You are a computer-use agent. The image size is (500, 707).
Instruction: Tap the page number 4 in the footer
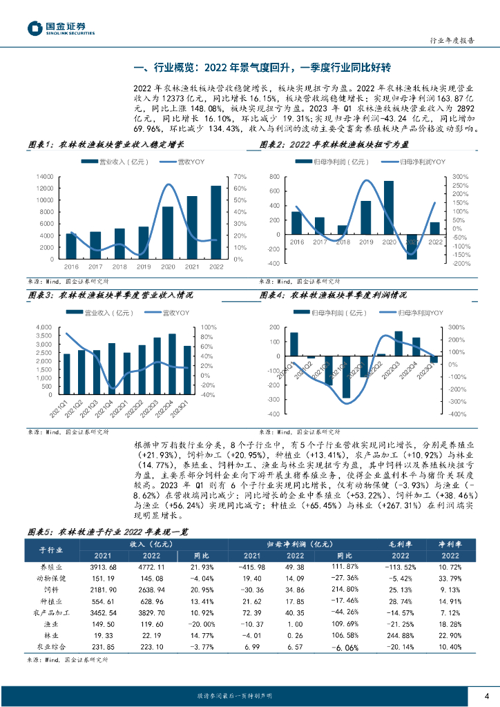coord(487,695)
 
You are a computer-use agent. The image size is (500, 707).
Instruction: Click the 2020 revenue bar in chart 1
coord(168,232)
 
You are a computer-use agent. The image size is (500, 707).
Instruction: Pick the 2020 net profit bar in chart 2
coord(389,207)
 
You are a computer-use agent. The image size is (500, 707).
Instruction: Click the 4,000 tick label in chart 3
coord(44,327)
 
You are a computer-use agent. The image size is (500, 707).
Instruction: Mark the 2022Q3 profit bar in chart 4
coord(398,343)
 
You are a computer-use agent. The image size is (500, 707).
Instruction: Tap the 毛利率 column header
coord(401,525)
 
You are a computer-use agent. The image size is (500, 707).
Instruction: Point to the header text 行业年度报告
coord(452,41)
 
